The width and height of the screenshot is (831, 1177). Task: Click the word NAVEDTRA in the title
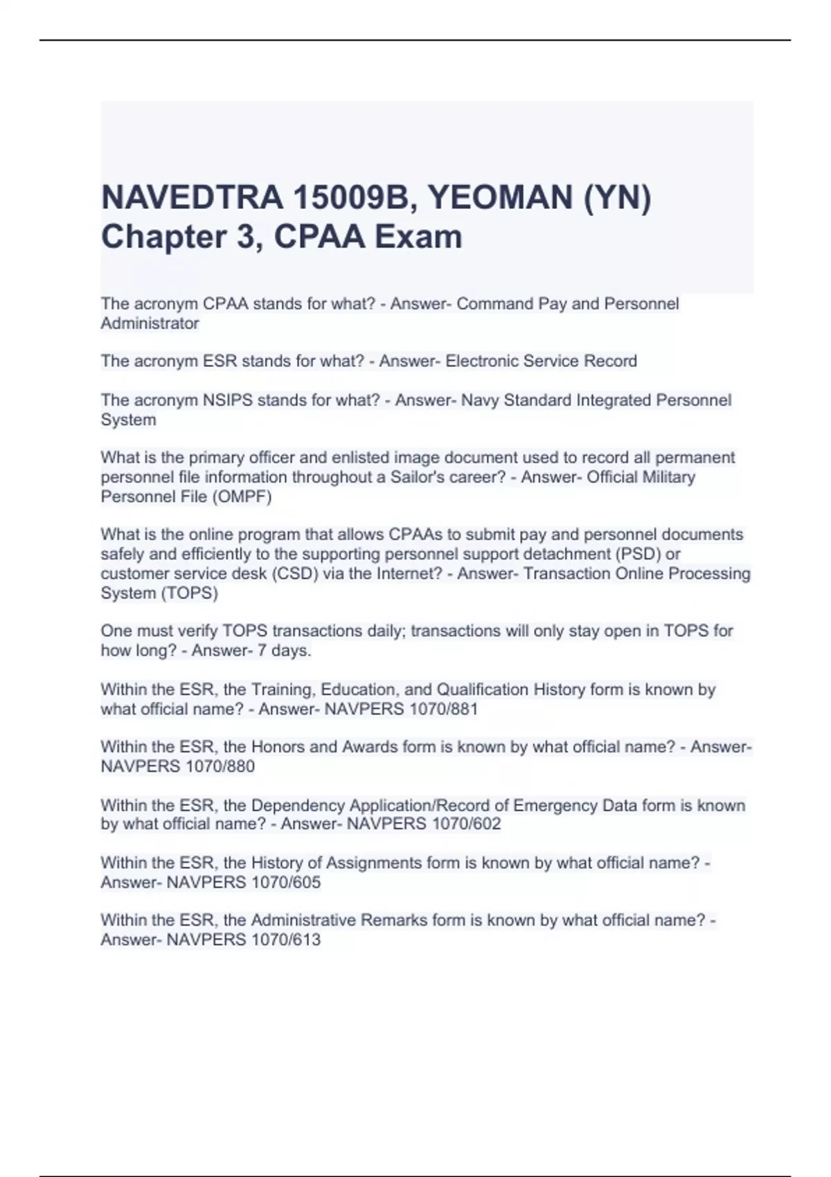tap(191, 198)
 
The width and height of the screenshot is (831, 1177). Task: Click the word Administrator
tap(150, 323)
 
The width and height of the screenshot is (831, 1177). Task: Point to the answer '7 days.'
tap(285, 650)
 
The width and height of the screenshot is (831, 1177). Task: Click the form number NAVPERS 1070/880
tap(178, 766)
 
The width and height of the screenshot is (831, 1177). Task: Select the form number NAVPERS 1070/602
tap(424, 824)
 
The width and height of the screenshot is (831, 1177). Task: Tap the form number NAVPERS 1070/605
tap(244, 882)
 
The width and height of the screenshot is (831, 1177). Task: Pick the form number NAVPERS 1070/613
tap(244, 940)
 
